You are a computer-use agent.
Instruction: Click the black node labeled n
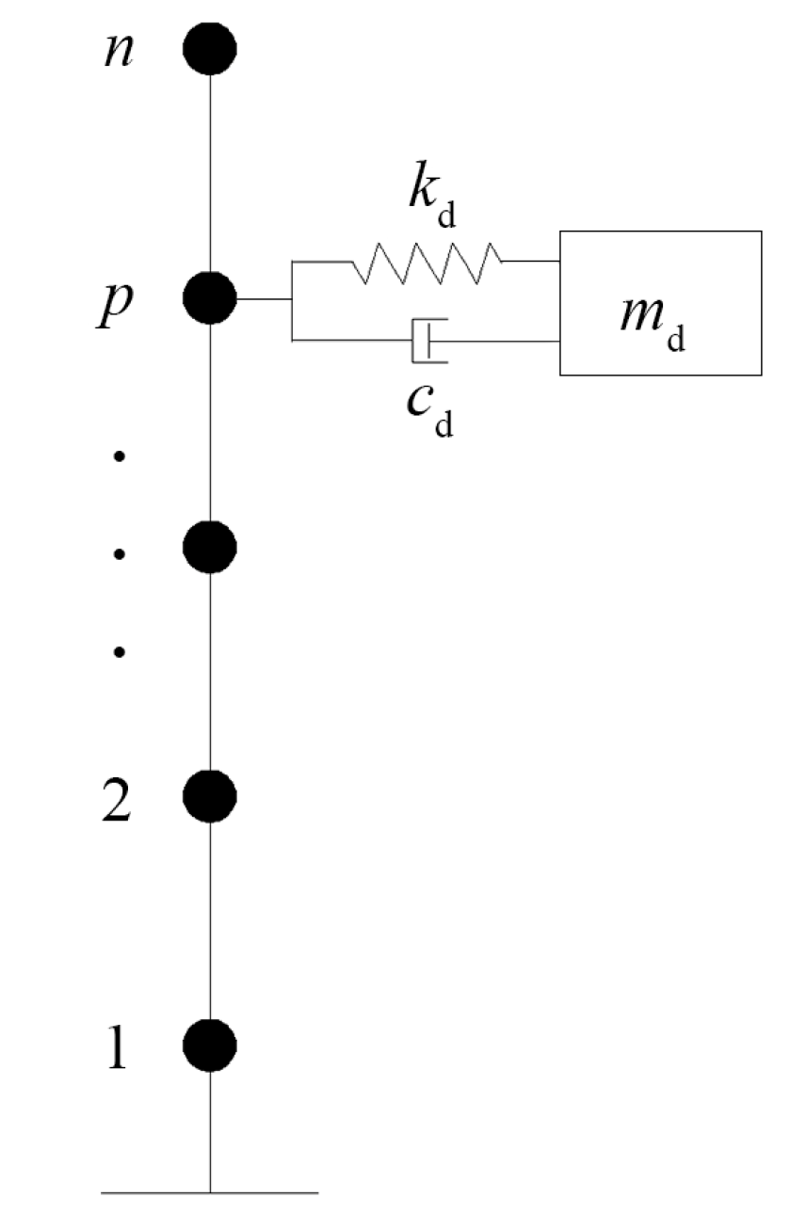pyautogui.click(x=209, y=49)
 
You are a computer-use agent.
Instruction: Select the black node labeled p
pyautogui.click(x=209, y=298)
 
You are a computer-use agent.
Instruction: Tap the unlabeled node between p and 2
pyautogui.click(x=209, y=547)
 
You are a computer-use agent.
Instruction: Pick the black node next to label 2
pyautogui.click(x=209, y=796)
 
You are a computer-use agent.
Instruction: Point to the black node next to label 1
pyautogui.click(x=209, y=1045)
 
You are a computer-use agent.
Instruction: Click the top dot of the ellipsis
pyautogui.click(x=120, y=457)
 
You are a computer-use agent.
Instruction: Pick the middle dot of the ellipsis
pyautogui.click(x=120, y=554)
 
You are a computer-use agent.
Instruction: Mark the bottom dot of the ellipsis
pyautogui.click(x=120, y=651)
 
